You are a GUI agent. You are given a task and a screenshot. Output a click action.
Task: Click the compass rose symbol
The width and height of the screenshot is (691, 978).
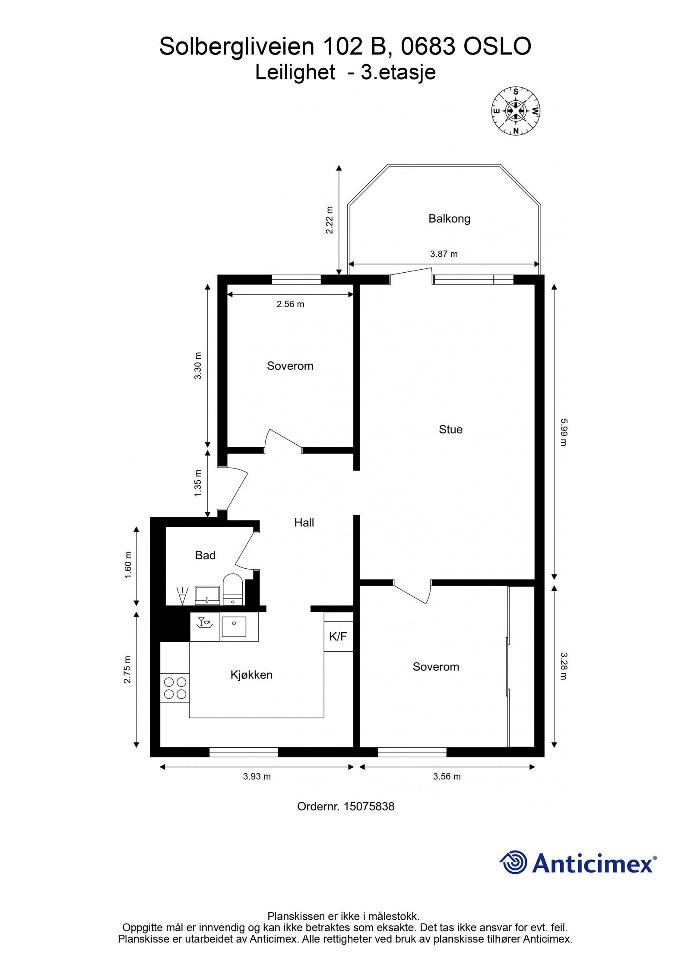[516, 111]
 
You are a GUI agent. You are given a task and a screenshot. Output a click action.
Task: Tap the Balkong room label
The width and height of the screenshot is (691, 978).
[449, 219]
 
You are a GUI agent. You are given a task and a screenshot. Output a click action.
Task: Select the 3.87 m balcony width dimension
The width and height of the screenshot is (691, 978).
[444, 254]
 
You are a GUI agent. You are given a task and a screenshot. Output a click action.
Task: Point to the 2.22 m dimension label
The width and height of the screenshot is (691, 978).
[330, 220]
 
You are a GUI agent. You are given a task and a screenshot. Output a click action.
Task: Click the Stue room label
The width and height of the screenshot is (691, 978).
[450, 429]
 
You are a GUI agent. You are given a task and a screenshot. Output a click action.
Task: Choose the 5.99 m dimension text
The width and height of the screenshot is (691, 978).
[562, 432]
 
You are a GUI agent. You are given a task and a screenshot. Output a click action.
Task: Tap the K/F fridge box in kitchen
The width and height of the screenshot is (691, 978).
[338, 636]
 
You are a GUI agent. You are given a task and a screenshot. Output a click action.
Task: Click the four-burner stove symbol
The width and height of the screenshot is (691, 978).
[175, 688]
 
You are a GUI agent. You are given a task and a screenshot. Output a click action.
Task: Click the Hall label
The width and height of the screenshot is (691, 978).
[304, 522]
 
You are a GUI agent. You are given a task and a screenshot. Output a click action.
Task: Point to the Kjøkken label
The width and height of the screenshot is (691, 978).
[251, 675]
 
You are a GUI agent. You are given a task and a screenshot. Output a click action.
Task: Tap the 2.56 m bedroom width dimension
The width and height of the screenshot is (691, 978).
[290, 304]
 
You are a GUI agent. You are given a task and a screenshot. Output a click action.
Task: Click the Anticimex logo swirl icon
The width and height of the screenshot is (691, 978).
[514, 862]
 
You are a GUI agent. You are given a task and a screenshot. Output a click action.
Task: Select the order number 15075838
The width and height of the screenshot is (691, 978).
[369, 806]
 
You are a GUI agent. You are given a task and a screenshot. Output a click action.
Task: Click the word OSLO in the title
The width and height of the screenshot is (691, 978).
[497, 47]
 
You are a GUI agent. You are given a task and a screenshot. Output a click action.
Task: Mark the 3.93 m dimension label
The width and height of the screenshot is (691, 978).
[257, 776]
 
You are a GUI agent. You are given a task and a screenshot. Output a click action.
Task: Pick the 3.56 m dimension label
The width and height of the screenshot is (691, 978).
[447, 776]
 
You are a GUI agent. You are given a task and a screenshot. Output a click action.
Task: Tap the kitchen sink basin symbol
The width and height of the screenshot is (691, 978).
[234, 627]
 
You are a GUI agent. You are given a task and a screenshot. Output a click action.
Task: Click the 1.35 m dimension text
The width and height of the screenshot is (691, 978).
[198, 483]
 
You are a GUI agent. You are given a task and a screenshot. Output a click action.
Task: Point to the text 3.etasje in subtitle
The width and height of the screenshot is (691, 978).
[398, 72]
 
